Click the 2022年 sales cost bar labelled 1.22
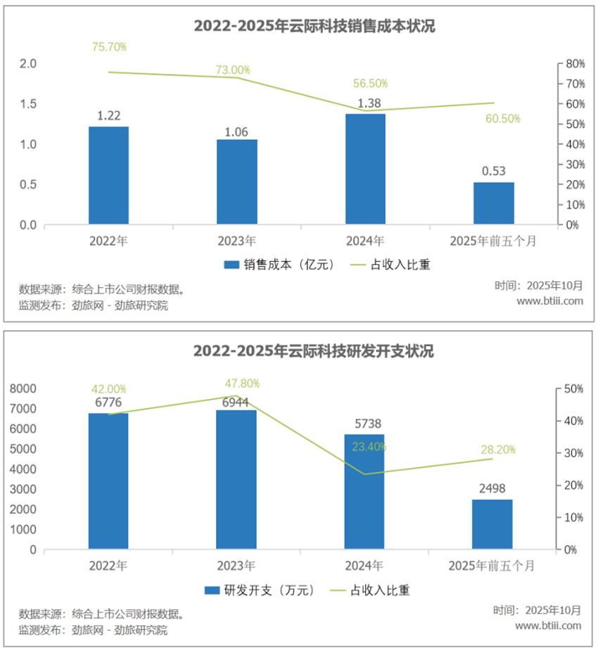(x=108, y=176)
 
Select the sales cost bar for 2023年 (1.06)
(x=236, y=182)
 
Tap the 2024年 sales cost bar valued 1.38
(x=364, y=170)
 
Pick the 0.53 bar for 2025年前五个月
(x=493, y=204)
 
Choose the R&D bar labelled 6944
(x=236, y=479)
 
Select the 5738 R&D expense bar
(x=364, y=492)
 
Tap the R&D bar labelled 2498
(x=492, y=524)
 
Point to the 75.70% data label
(x=109, y=47)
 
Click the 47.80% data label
(x=242, y=384)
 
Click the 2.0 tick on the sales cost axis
(x=27, y=64)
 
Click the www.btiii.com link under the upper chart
(x=549, y=301)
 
